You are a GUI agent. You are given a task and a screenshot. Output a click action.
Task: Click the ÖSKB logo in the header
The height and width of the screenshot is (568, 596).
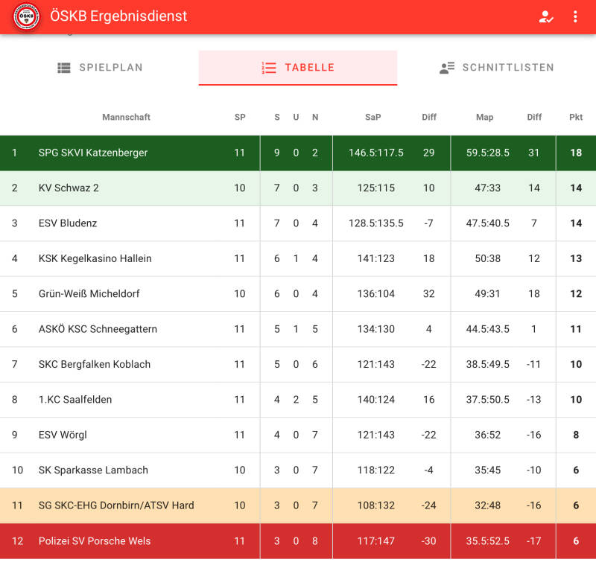click(x=26, y=16)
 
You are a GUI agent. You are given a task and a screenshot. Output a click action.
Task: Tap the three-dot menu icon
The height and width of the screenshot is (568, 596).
click(x=575, y=16)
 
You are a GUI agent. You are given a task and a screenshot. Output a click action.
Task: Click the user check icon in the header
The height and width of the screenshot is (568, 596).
click(x=546, y=16)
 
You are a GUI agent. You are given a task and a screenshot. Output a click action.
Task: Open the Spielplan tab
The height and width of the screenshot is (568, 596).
click(x=100, y=68)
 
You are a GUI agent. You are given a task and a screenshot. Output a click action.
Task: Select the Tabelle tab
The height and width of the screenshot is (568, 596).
click(x=298, y=68)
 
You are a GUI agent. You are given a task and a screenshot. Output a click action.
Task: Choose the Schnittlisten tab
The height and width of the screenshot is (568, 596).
click(x=496, y=68)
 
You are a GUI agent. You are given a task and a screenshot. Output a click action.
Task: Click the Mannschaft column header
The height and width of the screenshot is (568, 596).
click(x=126, y=117)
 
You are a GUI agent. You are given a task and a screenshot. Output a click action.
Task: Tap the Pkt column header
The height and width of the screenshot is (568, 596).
click(x=576, y=117)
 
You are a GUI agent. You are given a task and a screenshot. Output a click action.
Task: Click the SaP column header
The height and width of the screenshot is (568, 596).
click(x=372, y=117)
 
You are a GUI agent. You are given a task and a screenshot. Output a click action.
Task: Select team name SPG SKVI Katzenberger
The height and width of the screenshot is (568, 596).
click(x=93, y=153)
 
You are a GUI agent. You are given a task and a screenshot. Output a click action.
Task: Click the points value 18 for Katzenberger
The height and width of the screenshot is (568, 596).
click(x=576, y=153)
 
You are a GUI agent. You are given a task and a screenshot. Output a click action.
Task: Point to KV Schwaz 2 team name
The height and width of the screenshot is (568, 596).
click(x=69, y=188)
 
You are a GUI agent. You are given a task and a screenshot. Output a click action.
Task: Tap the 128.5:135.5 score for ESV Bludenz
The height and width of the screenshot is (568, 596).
click(x=376, y=223)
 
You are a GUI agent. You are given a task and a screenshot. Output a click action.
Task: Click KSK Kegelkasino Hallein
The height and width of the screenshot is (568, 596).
click(x=95, y=258)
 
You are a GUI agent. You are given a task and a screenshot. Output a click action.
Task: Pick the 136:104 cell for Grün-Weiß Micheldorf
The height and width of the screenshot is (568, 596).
click(x=376, y=294)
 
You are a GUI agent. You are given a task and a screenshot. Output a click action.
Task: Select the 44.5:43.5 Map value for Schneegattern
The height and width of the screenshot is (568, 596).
click(x=487, y=329)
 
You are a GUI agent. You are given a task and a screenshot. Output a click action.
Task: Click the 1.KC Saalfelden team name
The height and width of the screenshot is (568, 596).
click(x=75, y=400)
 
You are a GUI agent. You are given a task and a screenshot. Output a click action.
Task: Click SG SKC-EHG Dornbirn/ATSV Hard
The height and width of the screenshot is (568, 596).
click(x=116, y=505)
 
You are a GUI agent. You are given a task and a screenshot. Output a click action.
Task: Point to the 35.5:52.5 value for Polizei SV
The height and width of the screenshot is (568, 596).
click(x=487, y=541)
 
